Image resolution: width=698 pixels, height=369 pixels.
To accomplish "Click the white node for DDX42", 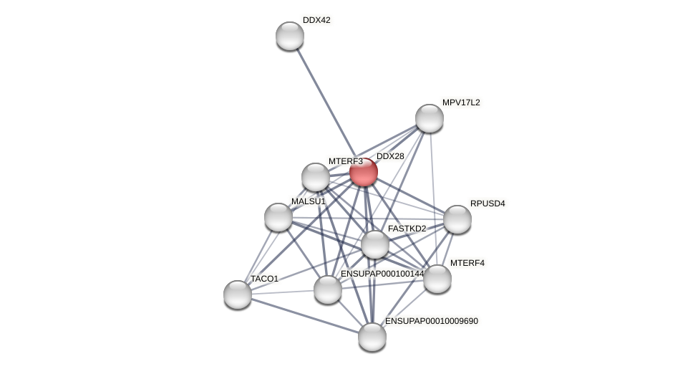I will pos(290,36).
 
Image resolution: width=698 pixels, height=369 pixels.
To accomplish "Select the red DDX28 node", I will pos(364,173).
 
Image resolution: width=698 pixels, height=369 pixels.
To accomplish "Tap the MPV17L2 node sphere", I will pos(430,118).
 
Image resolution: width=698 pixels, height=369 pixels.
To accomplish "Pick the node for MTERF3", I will pos(316,177).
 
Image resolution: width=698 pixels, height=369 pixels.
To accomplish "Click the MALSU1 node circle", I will pos(278,217).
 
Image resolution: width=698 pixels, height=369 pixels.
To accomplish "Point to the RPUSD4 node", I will pos(457,219).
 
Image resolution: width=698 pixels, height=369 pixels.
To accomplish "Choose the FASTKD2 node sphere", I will pos(374,244).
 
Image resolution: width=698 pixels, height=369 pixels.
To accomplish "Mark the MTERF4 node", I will pos(437,279).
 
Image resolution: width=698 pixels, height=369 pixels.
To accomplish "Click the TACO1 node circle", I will pos(238,294).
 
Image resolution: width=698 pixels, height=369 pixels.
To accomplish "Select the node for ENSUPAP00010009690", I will pos(372,337).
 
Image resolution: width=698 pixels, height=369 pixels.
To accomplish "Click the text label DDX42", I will pos(316,20).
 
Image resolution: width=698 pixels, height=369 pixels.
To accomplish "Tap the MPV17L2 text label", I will pos(461,102).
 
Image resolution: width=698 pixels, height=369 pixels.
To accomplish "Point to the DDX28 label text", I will pos(390,156).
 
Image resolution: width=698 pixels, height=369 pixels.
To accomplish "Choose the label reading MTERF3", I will pos(346,161).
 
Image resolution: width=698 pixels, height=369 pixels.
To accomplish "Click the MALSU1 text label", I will pos(309,201).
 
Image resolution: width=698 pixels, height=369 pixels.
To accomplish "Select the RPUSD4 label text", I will pos(488,203).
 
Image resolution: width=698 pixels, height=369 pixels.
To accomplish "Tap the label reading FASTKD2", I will pos(407,229).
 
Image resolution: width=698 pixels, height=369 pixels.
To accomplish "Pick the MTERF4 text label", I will pos(467,263).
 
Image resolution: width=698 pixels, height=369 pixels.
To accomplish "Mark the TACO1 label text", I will pos(264,278).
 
